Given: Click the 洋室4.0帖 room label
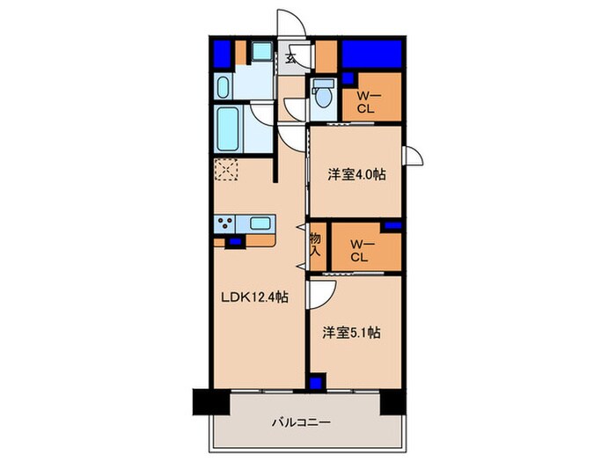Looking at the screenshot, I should [357, 174].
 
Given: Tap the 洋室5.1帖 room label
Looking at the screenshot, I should [350, 333].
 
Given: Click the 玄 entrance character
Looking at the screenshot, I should [290, 61].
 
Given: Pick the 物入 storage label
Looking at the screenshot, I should [315, 245].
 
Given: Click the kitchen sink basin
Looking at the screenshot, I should [259, 223].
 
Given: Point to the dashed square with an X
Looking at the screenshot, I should [226, 170].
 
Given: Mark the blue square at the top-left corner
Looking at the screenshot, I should [223, 54].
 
